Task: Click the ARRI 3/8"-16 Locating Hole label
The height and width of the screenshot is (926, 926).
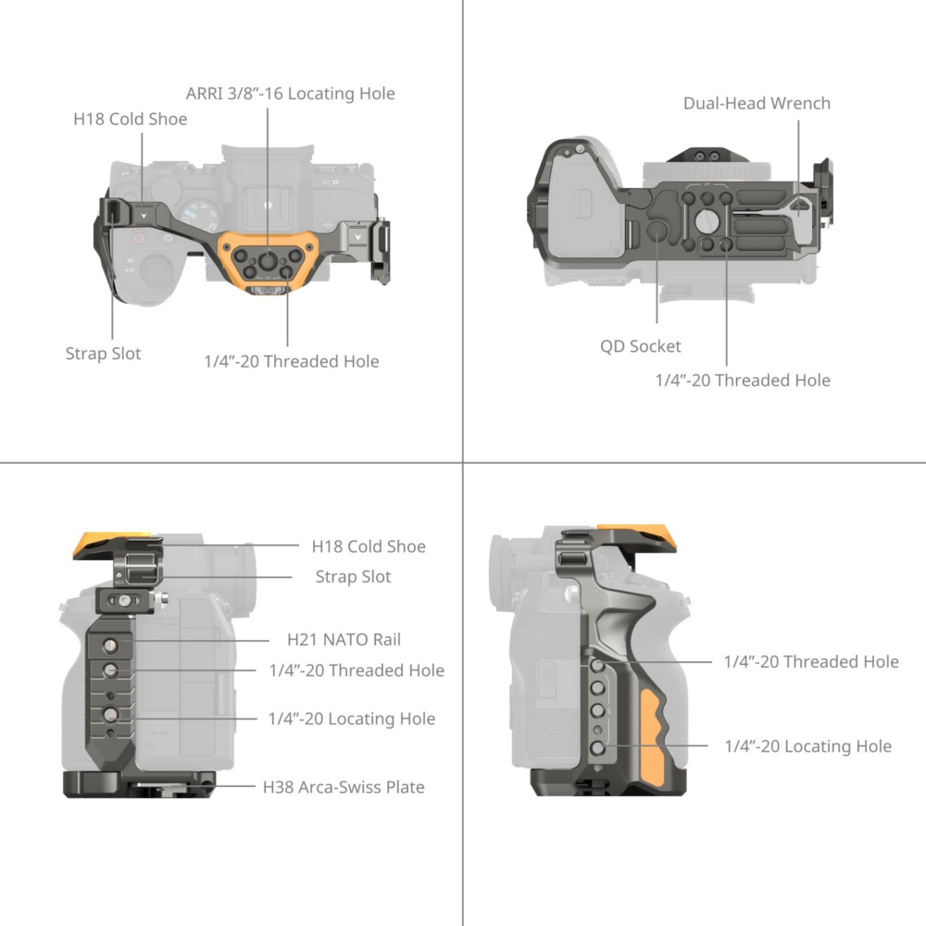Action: (290, 94)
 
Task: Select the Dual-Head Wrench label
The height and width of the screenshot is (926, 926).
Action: (757, 103)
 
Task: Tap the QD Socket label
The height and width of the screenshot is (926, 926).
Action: (640, 346)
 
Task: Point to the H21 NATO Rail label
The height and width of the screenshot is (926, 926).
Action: (344, 640)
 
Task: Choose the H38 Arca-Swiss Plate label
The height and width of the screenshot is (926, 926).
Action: (344, 787)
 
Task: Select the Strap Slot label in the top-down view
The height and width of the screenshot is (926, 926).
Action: (104, 354)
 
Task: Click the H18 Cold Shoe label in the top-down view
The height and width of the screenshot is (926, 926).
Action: (131, 119)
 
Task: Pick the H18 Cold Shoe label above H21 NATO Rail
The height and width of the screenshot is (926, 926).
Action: (369, 546)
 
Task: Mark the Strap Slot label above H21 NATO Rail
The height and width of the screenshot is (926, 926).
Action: (353, 576)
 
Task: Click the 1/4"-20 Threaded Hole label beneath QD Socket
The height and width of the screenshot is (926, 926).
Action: (743, 380)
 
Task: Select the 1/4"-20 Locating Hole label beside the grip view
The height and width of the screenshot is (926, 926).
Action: (807, 746)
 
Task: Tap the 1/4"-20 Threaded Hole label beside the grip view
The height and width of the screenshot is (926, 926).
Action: (811, 661)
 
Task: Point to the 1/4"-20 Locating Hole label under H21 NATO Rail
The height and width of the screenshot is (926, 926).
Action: (351, 719)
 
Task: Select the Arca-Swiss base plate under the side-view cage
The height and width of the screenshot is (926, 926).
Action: (139, 784)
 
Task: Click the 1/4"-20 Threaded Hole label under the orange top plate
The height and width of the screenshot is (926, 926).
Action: (291, 361)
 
